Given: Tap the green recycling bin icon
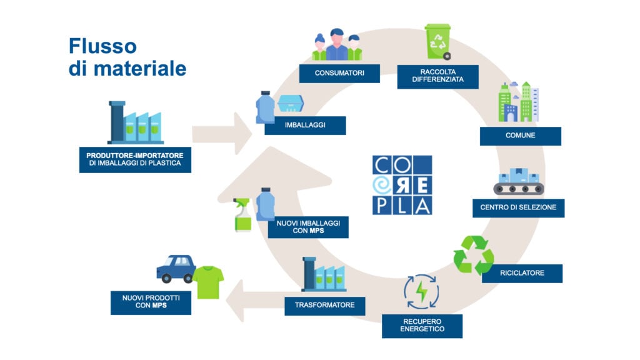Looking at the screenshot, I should coord(437,42).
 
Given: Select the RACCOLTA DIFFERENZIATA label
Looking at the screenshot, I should coord(437,76).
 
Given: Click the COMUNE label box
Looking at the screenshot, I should coord(520,136).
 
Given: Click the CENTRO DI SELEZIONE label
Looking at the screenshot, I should coord(518,207).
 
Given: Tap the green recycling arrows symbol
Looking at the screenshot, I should coord(473,254).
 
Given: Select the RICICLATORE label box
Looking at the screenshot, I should coord(522,273).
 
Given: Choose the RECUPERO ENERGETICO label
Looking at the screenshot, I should coord(422,326).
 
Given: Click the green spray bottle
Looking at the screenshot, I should coord(242,216).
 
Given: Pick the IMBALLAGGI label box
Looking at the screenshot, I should coord(305,126).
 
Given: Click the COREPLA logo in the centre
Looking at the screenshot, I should coord(402,185).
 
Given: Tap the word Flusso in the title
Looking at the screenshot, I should coord(102,46).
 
